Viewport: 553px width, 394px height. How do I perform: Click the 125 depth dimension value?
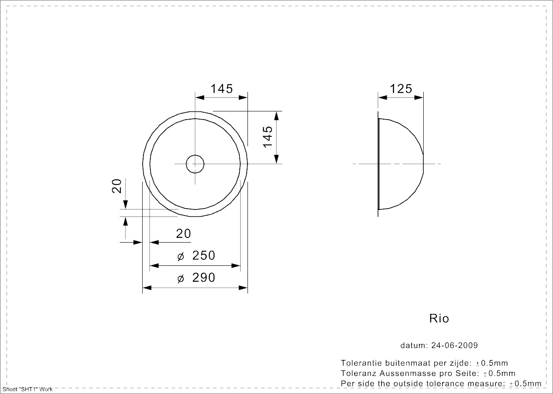(401, 89)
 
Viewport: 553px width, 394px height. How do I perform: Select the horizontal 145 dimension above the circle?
(222, 89)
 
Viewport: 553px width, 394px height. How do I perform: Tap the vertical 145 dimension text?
(268, 136)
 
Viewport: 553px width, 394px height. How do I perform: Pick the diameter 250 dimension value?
(203, 255)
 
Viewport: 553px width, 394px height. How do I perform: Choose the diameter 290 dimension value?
(203, 278)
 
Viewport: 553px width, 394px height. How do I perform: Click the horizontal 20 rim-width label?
(183, 234)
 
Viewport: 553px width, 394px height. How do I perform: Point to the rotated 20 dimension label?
(117, 186)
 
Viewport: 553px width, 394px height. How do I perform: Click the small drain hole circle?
(195, 164)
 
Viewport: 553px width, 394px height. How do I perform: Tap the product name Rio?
(439, 319)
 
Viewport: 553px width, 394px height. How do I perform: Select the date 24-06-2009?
(455, 345)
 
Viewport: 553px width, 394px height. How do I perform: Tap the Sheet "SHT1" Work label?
(27, 389)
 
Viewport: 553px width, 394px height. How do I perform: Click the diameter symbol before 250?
(180, 257)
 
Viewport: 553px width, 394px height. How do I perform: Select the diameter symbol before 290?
(180, 279)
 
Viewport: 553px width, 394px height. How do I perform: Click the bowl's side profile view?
(400, 164)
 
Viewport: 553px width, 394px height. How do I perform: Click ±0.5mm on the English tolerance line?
(525, 384)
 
